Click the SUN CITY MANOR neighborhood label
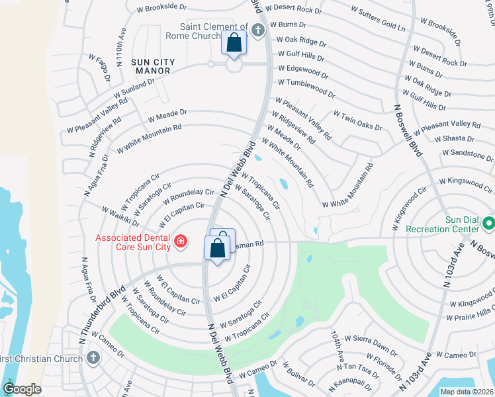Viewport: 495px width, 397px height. (x=153, y=67)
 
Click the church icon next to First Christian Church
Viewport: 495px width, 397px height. (x=93, y=359)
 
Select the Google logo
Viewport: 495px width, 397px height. (x=22, y=389)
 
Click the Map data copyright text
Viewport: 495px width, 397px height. (x=467, y=392)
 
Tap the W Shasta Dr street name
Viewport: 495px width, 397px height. (x=454, y=139)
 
